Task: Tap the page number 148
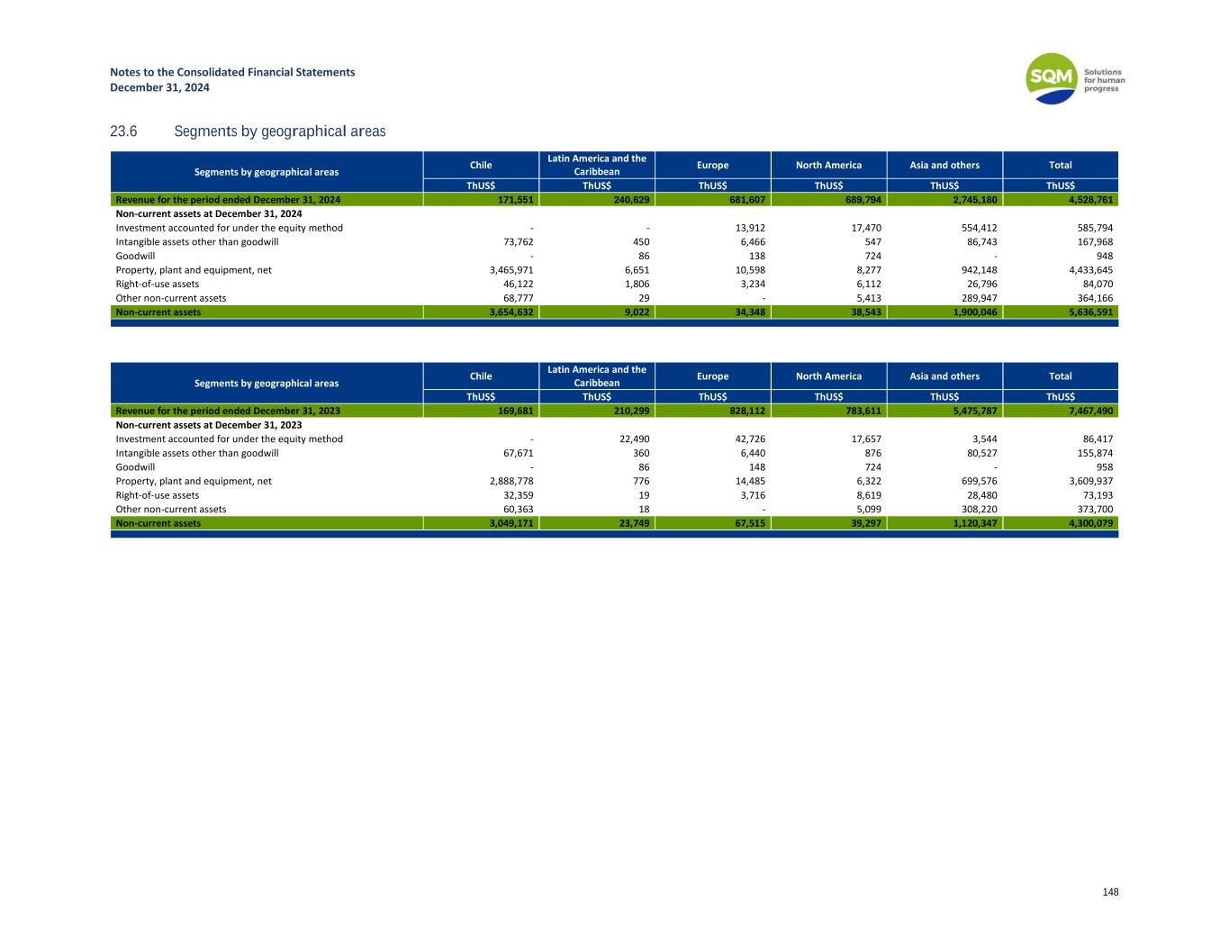pos(1110,891)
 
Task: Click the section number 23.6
pos(123,131)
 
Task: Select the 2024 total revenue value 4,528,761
pos(1088,200)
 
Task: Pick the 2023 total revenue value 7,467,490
pos(1088,411)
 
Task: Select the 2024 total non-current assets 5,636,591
pos(1088,312)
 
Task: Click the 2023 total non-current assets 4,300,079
pos(1088,523)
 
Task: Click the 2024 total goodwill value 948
pos(1104,257)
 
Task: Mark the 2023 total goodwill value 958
pos(1104,467)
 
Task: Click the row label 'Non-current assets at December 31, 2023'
pos(209,425)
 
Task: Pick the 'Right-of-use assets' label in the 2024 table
pos(158,285)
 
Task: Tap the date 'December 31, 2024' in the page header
pos(159,87)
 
